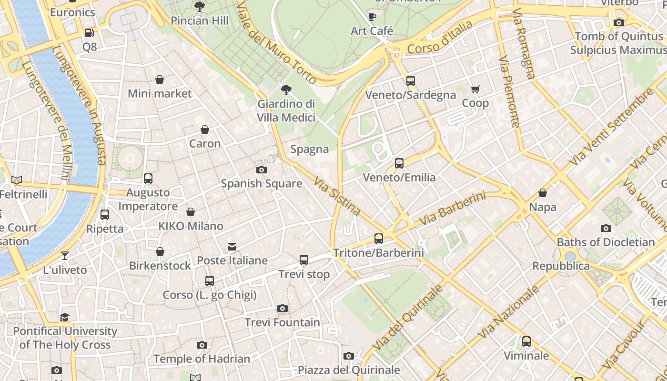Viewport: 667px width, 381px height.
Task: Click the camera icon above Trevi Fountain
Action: point(283,309)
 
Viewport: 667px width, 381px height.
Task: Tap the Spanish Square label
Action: point(262,183)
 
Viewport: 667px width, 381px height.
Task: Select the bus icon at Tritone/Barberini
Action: point(379,239)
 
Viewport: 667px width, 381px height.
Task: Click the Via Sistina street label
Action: point(337,196)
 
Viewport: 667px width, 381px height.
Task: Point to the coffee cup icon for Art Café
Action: point(372,17)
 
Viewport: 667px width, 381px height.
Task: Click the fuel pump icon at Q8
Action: point(89,33)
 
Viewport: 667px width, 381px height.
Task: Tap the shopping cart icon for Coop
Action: point(475,89)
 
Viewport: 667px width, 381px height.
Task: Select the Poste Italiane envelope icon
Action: point(232,246)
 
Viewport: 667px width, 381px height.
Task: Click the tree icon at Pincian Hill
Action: point(200,7)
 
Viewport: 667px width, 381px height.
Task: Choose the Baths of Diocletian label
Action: point(606,242)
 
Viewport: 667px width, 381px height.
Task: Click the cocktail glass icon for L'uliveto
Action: point(65,256)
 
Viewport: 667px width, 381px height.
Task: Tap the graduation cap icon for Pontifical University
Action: point(65,317)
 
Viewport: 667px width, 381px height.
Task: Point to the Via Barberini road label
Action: point(452,209)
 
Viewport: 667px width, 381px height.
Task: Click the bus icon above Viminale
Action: point(526,341)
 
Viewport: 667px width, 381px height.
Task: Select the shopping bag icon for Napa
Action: point(543,193)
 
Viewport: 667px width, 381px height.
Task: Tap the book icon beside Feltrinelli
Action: point(17,180)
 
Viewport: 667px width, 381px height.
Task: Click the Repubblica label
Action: point(561,266)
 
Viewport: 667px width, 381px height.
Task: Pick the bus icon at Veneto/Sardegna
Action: point(411,81)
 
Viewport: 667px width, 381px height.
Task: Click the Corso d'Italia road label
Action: point(440,38)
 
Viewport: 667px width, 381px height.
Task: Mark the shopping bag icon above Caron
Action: point(205,130)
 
